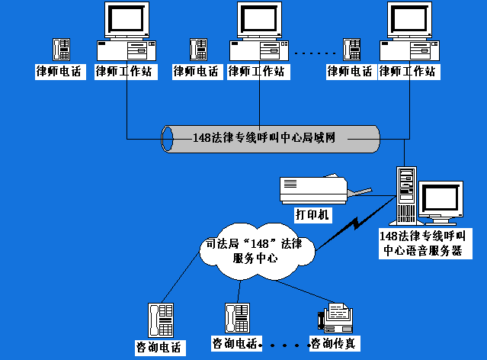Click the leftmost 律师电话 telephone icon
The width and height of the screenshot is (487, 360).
[61, 50]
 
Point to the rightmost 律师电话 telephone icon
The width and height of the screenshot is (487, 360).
[351, 50]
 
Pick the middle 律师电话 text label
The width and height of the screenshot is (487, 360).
[197, 72]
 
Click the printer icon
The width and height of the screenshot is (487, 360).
[313, 188]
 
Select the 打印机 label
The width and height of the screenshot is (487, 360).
[312, 215]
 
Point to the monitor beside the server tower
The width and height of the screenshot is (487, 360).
[442, 200]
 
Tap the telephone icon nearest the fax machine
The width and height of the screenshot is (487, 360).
[235, 318]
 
